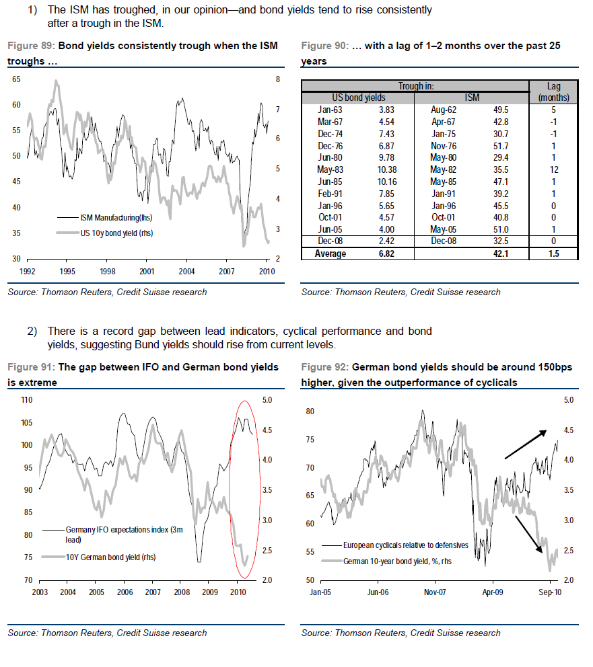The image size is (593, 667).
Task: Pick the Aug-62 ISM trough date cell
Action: pos(444,110)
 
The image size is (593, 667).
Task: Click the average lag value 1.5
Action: pos(554,253)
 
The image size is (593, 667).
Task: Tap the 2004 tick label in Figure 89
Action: pos(187,272)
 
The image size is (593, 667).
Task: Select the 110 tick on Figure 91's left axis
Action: pos(27,400)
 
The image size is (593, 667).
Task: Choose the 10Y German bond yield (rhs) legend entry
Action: pos(110,557)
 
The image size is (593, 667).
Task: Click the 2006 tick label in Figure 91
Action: pos(125,592)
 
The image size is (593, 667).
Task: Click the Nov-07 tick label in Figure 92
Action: pos(435,592)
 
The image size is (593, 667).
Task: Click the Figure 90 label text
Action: pos(323,46)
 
